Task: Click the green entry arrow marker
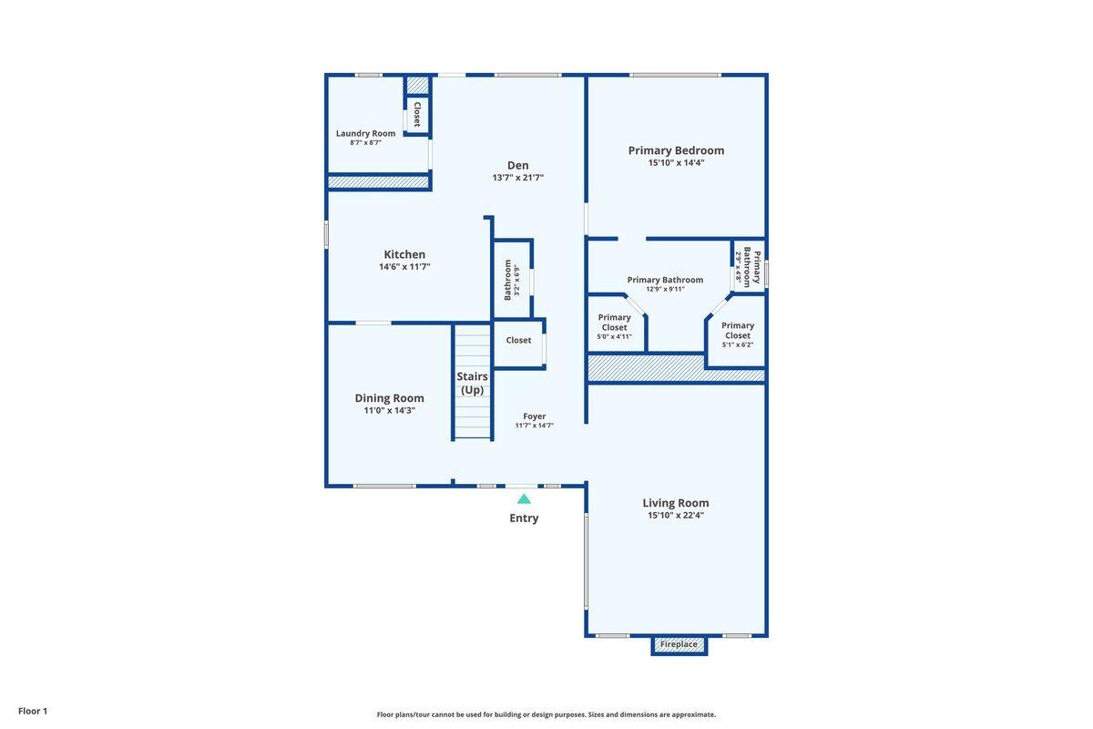pyautogui.click(x=524, y=498)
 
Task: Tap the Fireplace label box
pyautogui.click(x=679, y=645)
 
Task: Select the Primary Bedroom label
pyautogui.click(x=676, y=150)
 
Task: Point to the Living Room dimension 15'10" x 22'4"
pyautogui.click(x=676, y=516)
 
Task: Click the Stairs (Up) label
pyautogui.click(x=472, y=383)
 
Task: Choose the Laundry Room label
pyautogui.click(x=365, y=133)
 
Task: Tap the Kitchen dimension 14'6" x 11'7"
pyautogui.click(x=404, y=267)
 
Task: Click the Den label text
pyautogui.click(x=517, y=165)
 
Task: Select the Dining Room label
pyautogui.click(x=389, y=398)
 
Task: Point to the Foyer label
pyautogui.click(x=534, y=416)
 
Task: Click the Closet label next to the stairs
pyautogui.click(x=518, y=341)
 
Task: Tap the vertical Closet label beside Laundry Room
pyautogui.click(x=417, y=114)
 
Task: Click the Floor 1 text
pyautogui.click(x=33, y=711)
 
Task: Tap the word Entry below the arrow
pyautogui.click(x=524, y=519)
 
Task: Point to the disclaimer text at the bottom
pyautogui.click(x=546, y=714)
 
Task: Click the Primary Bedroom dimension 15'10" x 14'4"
pyautogui.click(x=676, y=163)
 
